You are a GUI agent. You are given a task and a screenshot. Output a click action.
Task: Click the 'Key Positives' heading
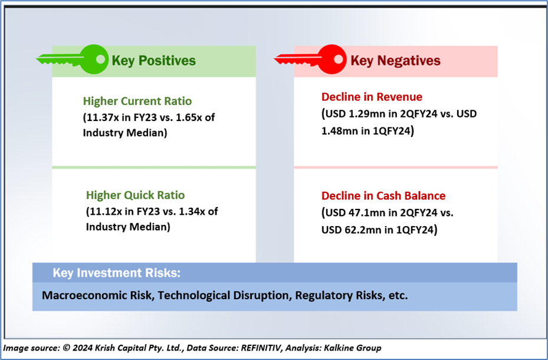click(x=154, y=61)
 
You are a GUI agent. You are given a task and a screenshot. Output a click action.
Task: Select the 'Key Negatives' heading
click(x=395, y=61)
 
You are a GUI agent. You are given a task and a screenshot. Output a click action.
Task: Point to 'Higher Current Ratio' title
click(x=137, y=101)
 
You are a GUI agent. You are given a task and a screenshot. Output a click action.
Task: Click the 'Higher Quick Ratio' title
click(x=135, y=195)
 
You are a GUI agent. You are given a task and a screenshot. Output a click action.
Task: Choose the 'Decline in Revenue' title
click(x=372, y=97)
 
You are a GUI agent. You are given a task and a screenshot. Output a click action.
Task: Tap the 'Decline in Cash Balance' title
click(x=383, y=196)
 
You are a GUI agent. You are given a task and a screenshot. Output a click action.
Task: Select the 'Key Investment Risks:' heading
click(x=117, y=273)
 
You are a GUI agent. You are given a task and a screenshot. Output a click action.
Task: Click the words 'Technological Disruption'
click(x=224, y=296)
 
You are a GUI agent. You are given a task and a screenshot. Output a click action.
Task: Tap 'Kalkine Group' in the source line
click(x=353, y=348)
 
